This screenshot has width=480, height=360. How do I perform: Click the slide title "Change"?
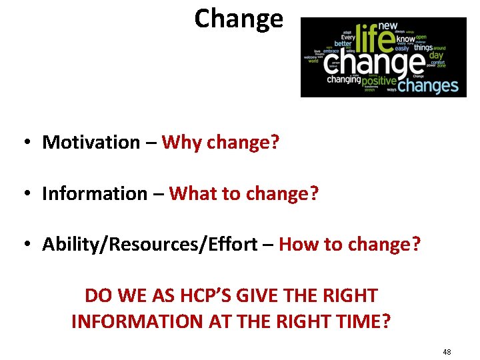tap(239, 18)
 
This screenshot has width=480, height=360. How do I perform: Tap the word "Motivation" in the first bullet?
tap(91, 142)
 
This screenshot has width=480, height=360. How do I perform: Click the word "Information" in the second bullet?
tap(94, 193)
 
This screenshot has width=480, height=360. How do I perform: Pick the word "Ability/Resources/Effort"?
tap(149, 245)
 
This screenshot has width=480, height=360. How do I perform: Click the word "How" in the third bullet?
tap(299, 245)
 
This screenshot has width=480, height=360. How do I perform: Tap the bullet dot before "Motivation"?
tap(25, 143)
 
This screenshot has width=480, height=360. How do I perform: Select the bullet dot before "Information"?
tap(25, 194)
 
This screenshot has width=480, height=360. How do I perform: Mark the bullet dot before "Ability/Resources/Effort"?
tap(25, 245)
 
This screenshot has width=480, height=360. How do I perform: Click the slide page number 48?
tap(446, 351)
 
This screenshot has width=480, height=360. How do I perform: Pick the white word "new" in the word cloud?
tap(388, 26)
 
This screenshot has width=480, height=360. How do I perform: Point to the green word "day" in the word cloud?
tap(436, 55)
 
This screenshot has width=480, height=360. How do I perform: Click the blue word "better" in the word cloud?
tap(343, 44)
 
